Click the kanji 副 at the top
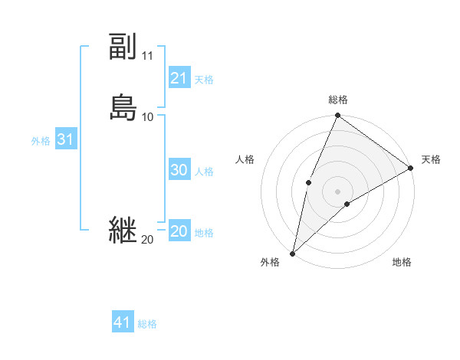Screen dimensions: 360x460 pyautogui.click(x=123, y=47)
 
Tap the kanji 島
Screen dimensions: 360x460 pyautogui.click(x=123, y=107)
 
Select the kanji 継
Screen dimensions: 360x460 pyautogui.click(x=123, y=230)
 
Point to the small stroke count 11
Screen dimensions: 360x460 pyautogui.click(x=148, y=56)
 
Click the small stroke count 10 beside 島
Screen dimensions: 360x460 pyautogui.click(x=148, y=116)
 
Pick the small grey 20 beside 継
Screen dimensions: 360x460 pyautogui.click(x=147, y=240)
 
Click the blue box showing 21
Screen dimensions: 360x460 pyautogui.click(x=179, y=78)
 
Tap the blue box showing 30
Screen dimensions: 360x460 pyautogui.click(x=179, y=171)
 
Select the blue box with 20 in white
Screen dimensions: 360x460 pyautogui.click(x=179, y=232)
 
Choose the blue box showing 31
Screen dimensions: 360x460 pyautogui.click(x=65, y=140)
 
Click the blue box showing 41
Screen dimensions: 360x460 pyautogui.click(x=123, y=323)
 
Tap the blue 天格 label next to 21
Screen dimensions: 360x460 pyautogui.click(x=204, y=79)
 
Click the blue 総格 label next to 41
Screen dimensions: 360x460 pyautogui.click(x=147, y=324)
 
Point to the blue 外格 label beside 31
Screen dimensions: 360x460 pyautogui.click(x=41, y=141)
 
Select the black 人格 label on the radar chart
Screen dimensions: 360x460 pyautogui.click(x=245, y=159)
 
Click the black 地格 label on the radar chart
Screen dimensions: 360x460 pyautogui.click(x=402, y=263)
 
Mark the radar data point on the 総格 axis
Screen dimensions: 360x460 pyautogui.click(x=337, y=116)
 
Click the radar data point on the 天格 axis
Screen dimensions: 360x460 pyautogui.click(x=410, y=168)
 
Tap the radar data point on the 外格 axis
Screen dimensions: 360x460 pyautogui.click(x=292, y=253)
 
